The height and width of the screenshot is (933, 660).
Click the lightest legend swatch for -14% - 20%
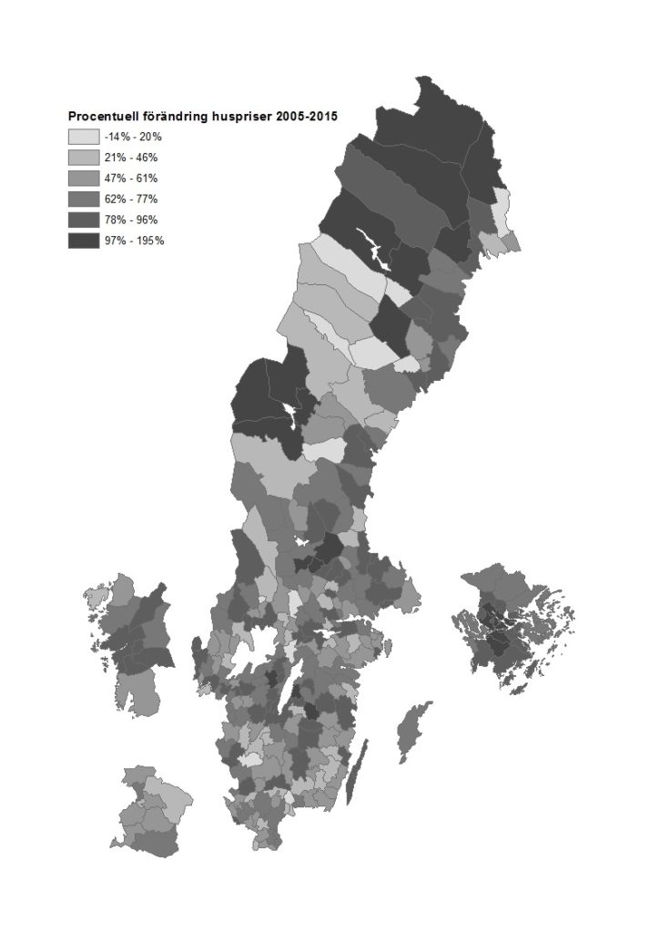click(82, 137)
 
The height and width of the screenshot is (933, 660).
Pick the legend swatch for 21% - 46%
click(82, 158)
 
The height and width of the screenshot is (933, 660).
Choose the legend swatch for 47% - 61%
click(82, 179)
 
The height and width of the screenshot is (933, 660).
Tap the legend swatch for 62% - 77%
click(82, 199)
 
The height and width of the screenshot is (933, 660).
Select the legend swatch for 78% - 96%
click(82, 220)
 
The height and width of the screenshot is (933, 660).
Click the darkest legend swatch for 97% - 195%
click(82, 241)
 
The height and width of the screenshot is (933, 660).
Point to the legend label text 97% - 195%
click(134, 241)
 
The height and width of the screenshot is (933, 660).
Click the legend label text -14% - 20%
click(132, 137)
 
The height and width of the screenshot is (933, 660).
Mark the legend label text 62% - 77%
click(131, 199)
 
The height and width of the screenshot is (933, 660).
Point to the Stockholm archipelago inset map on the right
click(514, 629)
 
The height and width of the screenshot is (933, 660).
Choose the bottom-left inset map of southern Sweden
click(150, 811)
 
